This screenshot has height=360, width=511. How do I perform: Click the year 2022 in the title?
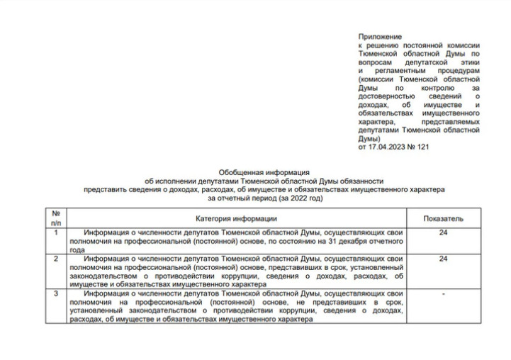coord(300,198)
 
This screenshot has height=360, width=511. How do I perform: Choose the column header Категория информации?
coord(235,218)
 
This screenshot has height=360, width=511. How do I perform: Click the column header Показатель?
coord(444,218)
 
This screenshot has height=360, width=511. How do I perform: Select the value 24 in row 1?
coord(444,232)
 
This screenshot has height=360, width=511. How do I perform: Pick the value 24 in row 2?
coord(444,259)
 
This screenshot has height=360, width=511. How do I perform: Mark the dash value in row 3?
coord(444,293)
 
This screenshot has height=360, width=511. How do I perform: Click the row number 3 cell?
coord(55,293)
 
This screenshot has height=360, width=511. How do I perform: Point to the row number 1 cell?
coord(55,232)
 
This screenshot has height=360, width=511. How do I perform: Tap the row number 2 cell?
coord(55,259)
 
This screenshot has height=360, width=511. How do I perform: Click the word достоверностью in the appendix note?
coord(387,96)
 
